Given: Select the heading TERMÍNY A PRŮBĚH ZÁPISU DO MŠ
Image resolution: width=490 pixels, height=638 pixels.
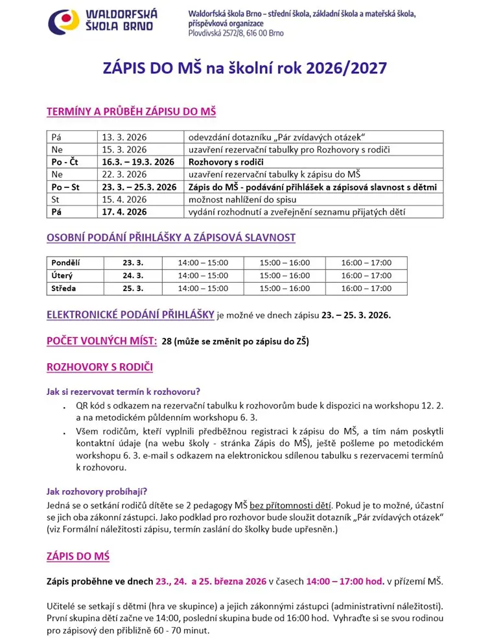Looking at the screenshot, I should pos(131,112).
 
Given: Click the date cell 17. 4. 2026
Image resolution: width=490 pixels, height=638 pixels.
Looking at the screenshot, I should pos(124,211).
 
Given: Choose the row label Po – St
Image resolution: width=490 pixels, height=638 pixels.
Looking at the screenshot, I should pos(65,187).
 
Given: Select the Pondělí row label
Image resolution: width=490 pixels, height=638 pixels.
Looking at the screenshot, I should pos(67,263).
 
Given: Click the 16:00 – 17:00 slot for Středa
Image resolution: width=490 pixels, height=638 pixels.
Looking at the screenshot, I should pos(366,289).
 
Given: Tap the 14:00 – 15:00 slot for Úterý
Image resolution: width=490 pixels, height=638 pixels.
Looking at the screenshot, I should pos(203,276).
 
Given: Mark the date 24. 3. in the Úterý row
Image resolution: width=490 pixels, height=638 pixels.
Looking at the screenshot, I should pos(132,276).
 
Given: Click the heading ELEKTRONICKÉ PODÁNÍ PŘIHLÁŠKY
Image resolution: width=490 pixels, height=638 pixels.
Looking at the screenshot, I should pos(130,315).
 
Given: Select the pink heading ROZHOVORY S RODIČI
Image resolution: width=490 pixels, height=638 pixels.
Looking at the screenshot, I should pos(99,368).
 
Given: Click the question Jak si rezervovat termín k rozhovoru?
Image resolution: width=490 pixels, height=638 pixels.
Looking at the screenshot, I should pos(122,392).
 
